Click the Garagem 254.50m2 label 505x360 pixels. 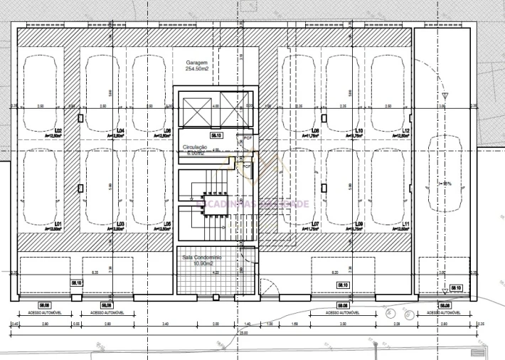tap(196, 66)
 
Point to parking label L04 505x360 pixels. tap(120, 131)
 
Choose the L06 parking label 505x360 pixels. tap(167, 131)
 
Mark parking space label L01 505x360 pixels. tap(58, 225)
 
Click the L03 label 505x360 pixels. tap(120, 225)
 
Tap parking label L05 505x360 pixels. tap(167, 225)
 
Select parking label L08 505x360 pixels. tap(314, 131)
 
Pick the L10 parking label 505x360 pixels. tap(359, 131)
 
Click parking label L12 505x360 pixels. tap(405, 131)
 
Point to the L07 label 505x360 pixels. tap(314, 225)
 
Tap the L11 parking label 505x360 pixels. tap(405, 225)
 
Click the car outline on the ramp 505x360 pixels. tap(442, 178)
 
